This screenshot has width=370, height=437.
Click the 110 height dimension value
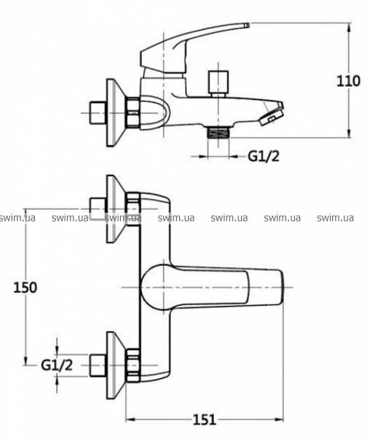point(349,81)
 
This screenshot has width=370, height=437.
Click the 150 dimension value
point(25,288)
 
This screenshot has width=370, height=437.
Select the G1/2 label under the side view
point(263,157)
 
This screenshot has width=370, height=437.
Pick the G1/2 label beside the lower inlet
point(57,365)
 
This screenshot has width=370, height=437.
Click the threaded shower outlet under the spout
point(218,132)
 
